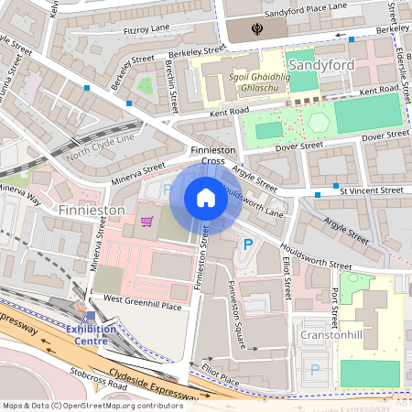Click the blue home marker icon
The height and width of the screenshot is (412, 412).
(206, 198)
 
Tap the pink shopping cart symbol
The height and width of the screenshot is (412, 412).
(146, 221)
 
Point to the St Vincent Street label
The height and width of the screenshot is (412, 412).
(371, 190)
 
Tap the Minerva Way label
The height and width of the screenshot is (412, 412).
(20, 193)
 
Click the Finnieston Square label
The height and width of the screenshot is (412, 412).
(236, 315)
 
